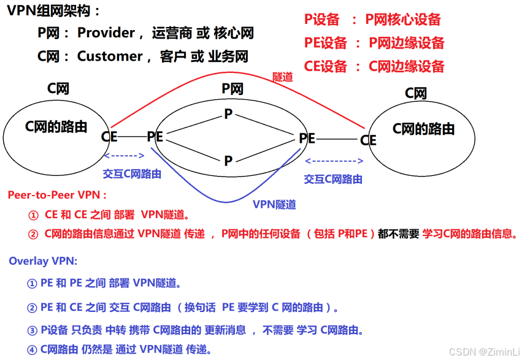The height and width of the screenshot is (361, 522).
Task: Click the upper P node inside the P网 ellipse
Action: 228,114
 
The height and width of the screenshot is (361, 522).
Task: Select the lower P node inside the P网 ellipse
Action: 228,161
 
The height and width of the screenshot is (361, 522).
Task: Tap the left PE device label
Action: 155,137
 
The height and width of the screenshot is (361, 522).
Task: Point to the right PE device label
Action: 307,139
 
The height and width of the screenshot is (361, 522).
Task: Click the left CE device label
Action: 109,136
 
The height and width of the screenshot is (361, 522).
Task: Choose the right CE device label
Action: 368,140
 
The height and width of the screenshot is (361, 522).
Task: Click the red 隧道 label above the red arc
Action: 282,77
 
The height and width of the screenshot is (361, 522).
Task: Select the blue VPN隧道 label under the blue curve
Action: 274,205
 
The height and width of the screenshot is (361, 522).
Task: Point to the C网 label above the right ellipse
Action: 416,94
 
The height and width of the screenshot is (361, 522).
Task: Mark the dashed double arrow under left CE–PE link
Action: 125,156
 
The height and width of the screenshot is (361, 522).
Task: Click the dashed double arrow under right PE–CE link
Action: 334,161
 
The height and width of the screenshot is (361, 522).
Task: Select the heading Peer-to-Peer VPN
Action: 57,195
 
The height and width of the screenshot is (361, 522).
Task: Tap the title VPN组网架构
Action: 54,10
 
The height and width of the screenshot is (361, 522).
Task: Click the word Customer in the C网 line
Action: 109,56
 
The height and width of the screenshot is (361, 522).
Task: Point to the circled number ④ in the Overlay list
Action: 32,350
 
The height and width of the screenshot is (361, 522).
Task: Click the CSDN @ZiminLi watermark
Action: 484,352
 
